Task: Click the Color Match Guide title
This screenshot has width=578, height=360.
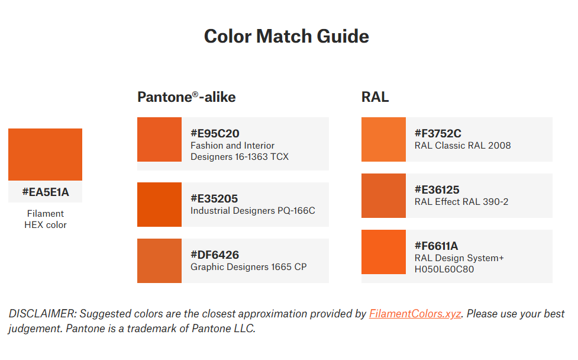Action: (x=286, y=36)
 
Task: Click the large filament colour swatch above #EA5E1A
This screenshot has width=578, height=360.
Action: (x=46, y=154)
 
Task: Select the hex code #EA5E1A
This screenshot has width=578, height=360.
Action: (x=46, y=192)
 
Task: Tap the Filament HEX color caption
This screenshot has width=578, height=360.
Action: (x=46, y=219)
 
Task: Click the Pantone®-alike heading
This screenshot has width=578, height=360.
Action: (x=186, y=97)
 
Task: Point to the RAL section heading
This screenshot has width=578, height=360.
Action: (x=375, y=97)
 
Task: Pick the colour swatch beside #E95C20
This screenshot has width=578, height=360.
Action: (x=159, y=139)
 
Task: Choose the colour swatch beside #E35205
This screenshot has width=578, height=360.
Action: (x=159, y=204)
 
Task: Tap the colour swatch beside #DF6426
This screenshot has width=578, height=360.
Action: (x=159, y=261)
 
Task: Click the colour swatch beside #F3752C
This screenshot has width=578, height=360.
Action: (x=383, y=139)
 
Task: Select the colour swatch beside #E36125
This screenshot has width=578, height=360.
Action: (x=383, y=195)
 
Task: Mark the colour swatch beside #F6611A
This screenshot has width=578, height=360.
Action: (x=383, y=252)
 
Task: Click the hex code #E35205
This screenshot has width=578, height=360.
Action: (x=214, y=199)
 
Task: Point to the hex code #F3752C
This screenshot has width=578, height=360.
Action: (x=438, y=134)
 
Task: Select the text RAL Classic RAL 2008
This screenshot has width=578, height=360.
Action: (x=463, y=146)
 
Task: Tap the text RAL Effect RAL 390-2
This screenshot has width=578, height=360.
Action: (x=461, y=202)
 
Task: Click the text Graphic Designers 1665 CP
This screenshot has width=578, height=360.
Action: (x=248, y=267)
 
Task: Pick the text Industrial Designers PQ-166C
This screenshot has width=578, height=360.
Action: (x=253, y=211)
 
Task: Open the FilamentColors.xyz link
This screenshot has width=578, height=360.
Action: (x=415, y=314)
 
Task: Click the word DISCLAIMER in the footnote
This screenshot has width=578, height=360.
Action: (x=42, y=314)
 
